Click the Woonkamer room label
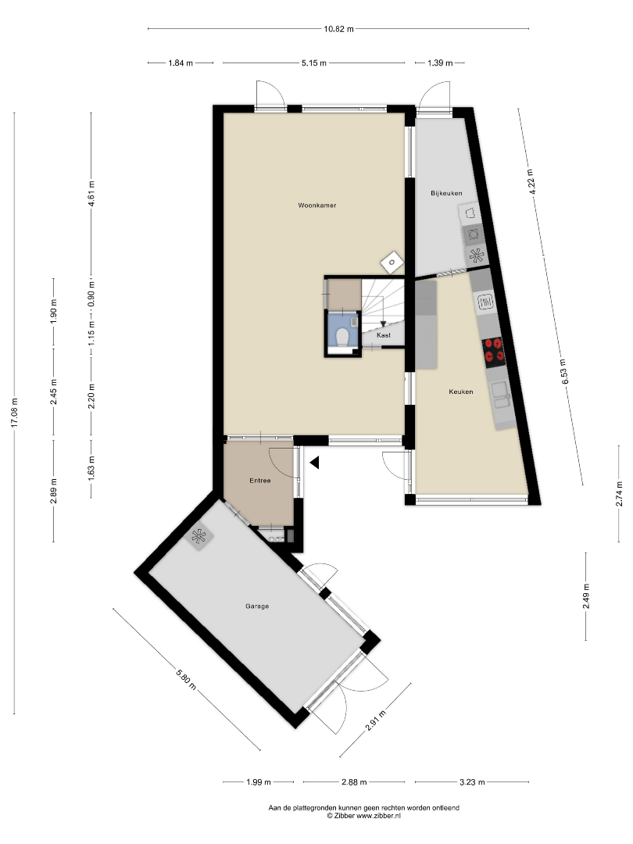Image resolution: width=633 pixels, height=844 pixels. tap(317, 205)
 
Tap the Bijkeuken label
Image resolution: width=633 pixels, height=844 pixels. tap(446, 193)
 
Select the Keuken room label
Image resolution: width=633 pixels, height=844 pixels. tap(461, 392)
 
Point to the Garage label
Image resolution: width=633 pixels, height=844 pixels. tap(257, 606)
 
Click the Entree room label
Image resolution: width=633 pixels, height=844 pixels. tap(260, 481)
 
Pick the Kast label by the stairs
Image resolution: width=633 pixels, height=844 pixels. tap(384, 335)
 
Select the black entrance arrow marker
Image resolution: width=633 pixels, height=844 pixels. tap(314, 463)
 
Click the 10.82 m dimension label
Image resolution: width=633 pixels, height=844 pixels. tap(338, 29)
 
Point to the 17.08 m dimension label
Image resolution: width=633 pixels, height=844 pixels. tap(15, 413)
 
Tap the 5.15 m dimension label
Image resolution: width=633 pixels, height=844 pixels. tap(314, 63)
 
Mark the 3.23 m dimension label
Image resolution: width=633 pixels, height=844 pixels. tap(472, 782)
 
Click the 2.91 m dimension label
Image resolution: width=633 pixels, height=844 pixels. tap(376, 721)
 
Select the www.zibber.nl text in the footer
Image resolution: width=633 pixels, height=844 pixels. tap(379, 815)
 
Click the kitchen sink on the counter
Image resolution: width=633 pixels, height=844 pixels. tap(501, 395)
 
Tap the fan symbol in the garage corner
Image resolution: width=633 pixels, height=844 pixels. tap(199, 536)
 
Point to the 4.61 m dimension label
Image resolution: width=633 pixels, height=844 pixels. tap(91, 192)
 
